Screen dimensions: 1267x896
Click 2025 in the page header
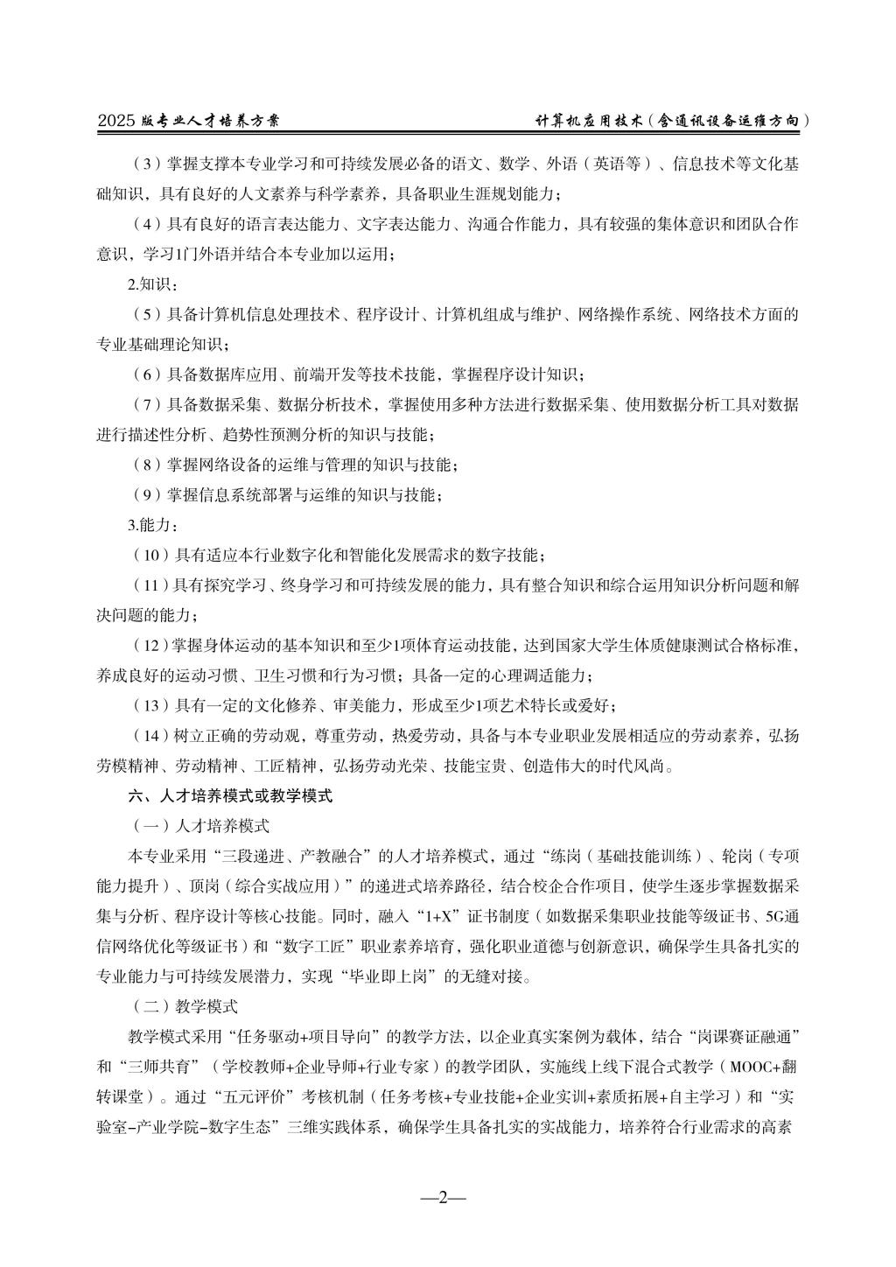114,122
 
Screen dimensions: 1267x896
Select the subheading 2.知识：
150,283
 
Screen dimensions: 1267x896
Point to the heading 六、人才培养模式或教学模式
230,796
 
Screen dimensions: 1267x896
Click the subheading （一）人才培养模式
199,826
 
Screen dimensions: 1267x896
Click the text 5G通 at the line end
780,916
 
